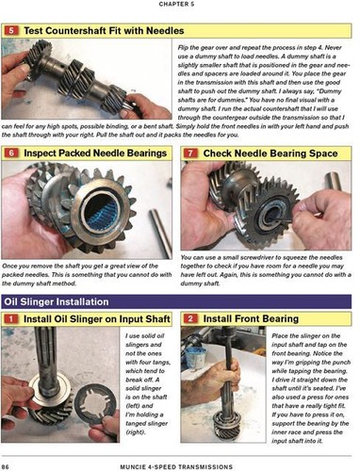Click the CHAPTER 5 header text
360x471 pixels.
[180, 5]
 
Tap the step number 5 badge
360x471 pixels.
[10, 30]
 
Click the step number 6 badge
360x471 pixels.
[10, 152]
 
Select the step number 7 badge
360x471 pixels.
[189, 152]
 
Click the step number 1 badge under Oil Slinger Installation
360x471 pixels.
[10, 321]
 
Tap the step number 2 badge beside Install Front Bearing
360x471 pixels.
[189, 321]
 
